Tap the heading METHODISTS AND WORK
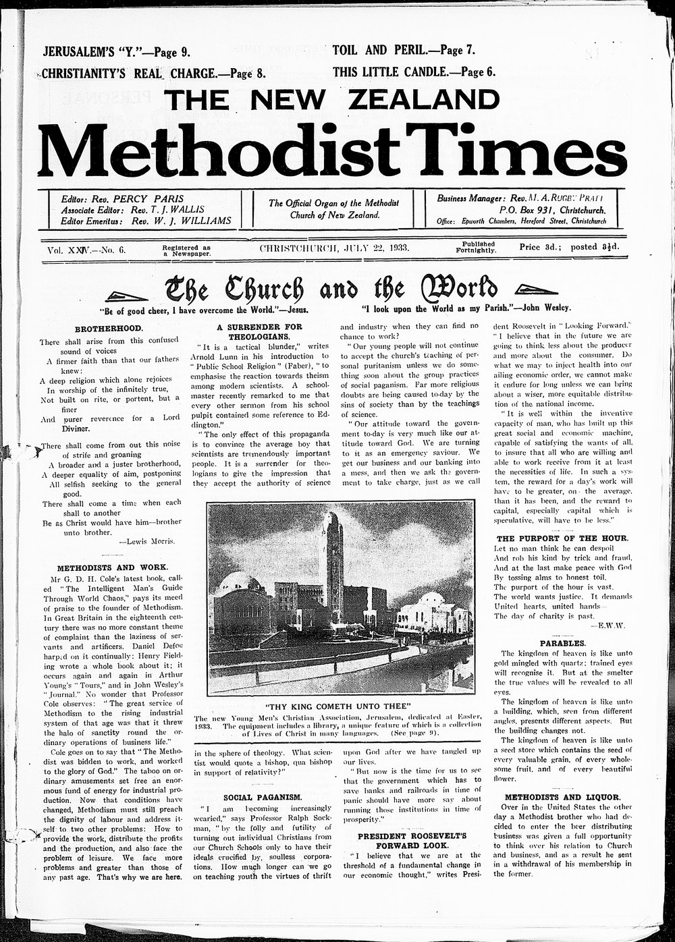tap(113, 567)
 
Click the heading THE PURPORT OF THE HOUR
tap(562, 538)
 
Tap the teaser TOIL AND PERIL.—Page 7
tap(404, 50)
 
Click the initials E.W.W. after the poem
tap(611, 626)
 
